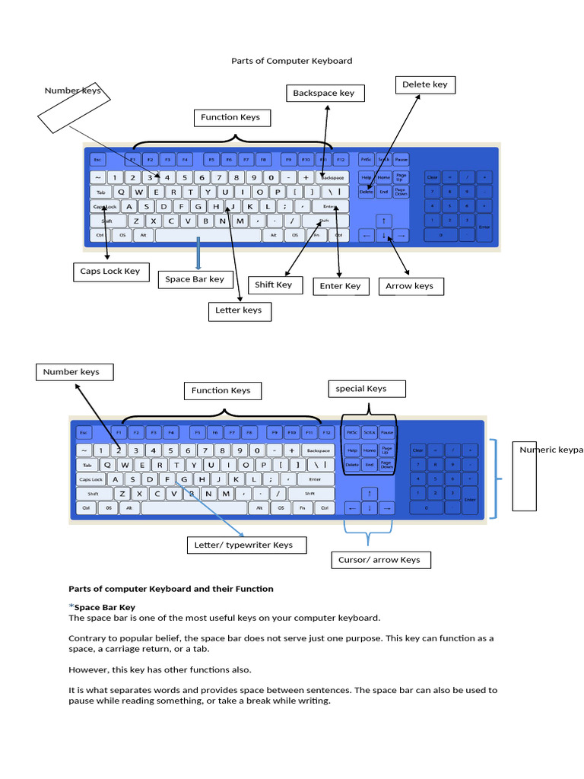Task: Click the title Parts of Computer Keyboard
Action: [x=292, y=61]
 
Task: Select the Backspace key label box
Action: [x=324, y=94]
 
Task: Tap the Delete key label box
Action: [x=424, y=84]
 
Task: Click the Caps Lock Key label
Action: [x=110, y=272]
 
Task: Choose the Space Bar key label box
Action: [x=195, y=279]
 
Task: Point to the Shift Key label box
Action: [x=274, y=285]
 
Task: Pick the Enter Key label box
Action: [x=341, y=286]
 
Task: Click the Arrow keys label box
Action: [x=410, y=286]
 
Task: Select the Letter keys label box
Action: [x=239, y=310]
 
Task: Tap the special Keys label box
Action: [x=366, y=389]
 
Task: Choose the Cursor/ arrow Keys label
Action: [x=379, y=561]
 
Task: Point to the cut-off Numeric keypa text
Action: [x=551, y=450]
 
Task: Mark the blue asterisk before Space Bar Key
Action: [x=71, y=606]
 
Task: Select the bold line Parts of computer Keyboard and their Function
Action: [x=171, y=589]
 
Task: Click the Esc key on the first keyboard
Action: [x=97, y=160]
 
